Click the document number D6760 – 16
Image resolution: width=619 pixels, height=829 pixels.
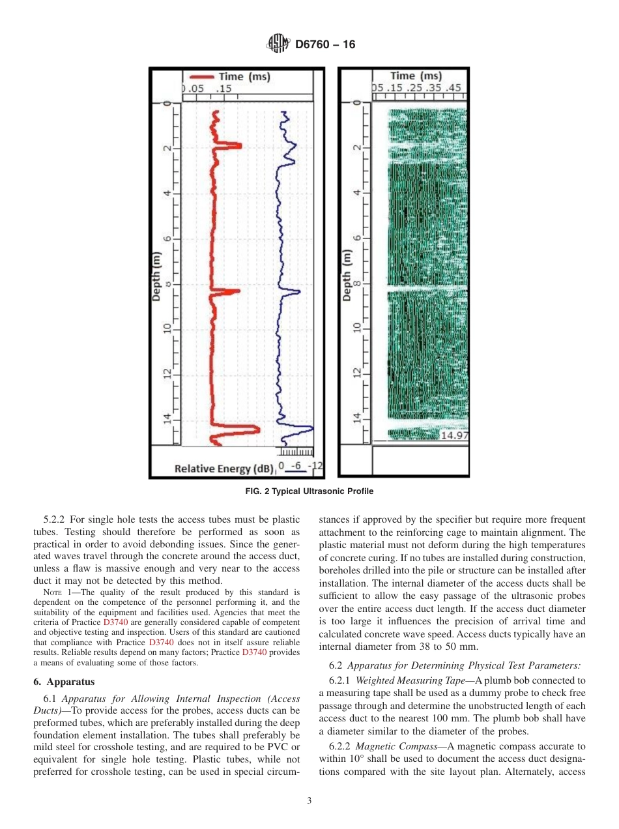tap(325, 45)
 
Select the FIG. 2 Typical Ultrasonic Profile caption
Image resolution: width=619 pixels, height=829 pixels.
tap(309, 491)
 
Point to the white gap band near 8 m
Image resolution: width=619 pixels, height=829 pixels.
tap(427, 287)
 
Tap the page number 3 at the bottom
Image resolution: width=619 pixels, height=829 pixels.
tap(309, 800)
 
